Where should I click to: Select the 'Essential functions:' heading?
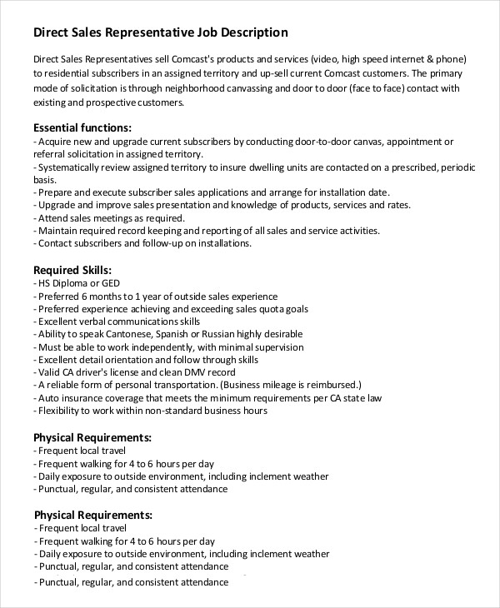(82, 128)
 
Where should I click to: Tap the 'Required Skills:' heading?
(72, 270)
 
